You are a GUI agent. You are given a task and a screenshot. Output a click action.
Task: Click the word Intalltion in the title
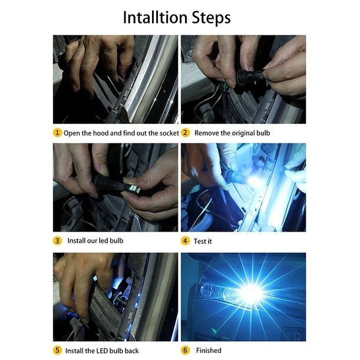155,18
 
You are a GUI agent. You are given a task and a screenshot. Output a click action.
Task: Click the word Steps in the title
211,18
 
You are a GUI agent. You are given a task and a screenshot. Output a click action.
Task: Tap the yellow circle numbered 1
57,133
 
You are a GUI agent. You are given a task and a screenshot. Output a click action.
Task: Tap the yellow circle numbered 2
185,133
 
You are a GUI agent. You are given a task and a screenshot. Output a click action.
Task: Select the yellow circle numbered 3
57,241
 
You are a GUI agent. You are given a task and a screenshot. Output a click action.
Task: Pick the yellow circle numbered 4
185,241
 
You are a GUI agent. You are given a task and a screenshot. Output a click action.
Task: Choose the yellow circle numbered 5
57,351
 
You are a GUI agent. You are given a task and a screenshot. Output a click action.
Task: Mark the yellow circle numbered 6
185,351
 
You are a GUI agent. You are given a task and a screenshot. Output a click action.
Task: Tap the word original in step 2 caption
243,134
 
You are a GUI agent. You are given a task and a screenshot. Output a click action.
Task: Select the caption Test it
203,242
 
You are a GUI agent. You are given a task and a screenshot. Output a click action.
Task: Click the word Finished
209,351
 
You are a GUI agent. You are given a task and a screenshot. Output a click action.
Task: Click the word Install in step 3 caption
77,240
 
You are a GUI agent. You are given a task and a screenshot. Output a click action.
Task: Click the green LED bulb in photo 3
132,187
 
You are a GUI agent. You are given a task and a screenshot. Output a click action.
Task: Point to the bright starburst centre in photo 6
252,293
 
